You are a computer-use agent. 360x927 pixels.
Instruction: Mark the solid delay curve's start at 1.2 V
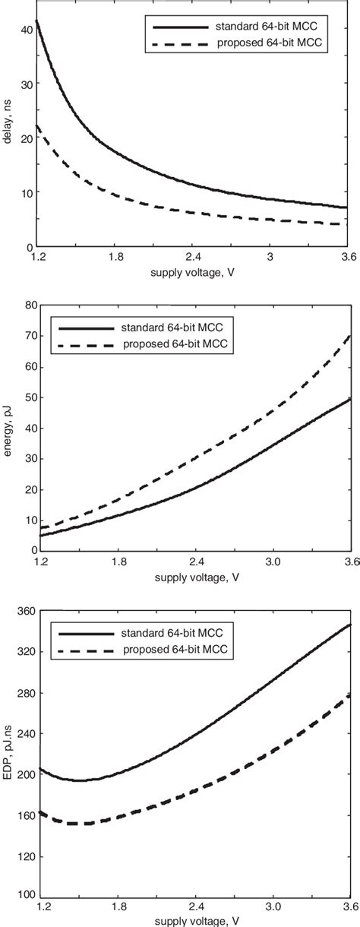(x=36, y=20)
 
